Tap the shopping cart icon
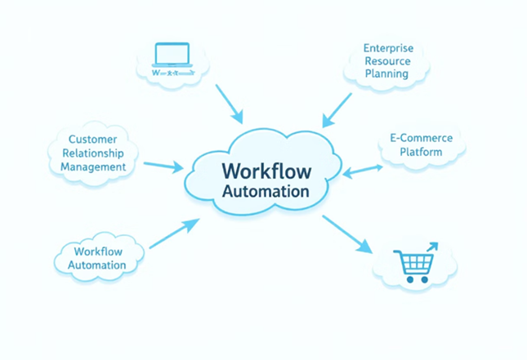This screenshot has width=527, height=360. (x=415, y=263)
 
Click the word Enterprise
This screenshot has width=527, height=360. (x=388, y=48)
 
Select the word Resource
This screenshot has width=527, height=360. (x=388, y=61)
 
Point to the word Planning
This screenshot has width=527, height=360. (x=386, y=74)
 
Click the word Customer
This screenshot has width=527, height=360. (x=93, y=140)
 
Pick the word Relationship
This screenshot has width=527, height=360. (x=93, y=153)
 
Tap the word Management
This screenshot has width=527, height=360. (x=93, y=167)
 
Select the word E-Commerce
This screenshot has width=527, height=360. (x=422, y=139)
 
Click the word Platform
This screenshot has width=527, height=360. (x=422, y=152)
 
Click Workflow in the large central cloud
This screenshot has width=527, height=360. (x=265, y=172)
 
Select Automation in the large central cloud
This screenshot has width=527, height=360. (x=266, y=193)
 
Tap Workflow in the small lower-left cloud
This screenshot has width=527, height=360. (x=97, y=251)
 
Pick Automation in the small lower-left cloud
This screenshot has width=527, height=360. (x=97, y=264)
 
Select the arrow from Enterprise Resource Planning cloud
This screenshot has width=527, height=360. (x=337, y=109)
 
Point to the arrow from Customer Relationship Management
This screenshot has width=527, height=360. (x=163, y=166)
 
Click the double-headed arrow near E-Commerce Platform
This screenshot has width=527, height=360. (x=363, y=170)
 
